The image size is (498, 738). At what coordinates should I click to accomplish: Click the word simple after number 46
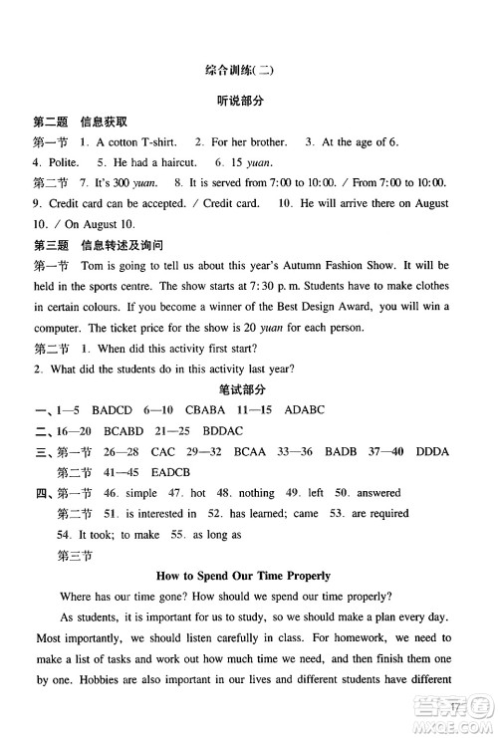tap(140, 493)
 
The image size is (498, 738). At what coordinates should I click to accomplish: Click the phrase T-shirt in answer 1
tap(156, 142)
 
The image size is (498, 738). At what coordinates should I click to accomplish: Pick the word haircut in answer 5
tap(174, 162)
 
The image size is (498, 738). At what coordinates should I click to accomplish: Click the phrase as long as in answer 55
tap(212, 535)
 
